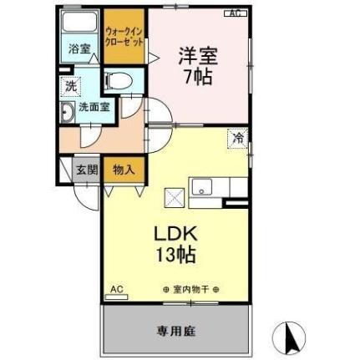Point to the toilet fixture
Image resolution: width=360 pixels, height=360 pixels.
119,81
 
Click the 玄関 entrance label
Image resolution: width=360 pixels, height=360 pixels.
87,168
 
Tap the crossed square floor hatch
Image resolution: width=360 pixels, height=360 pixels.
175,197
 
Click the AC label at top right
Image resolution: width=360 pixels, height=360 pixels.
236,13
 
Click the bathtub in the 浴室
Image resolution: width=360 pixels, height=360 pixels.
81,23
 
